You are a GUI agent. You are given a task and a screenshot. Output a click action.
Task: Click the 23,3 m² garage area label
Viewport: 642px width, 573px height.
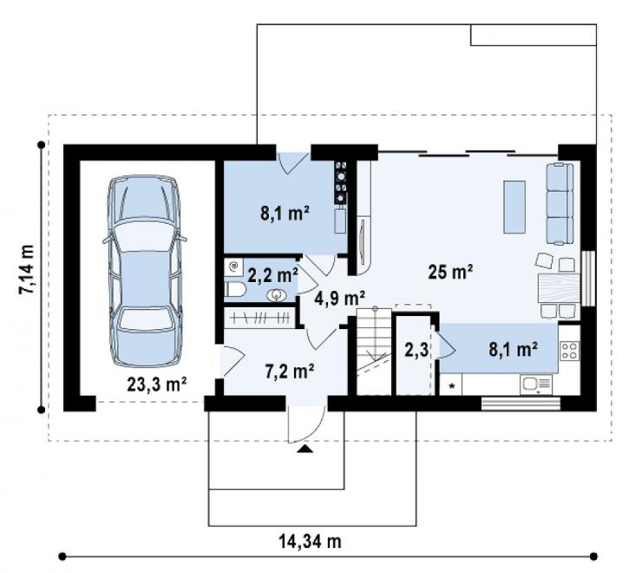coord(157,385)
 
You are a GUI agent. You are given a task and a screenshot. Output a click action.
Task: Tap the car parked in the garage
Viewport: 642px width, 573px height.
coord(144,271)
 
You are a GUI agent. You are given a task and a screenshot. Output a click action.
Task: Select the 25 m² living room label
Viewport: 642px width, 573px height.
coord(450,272)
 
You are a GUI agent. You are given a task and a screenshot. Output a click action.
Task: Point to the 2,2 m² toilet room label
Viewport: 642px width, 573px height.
coord(272,276)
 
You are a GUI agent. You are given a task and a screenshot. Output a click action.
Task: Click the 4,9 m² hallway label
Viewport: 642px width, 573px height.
coord(339,298)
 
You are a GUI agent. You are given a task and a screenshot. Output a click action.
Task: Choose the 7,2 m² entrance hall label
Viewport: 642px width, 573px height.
coord(290,372)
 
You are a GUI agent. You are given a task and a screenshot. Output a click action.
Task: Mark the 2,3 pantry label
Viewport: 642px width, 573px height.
coord(416,350)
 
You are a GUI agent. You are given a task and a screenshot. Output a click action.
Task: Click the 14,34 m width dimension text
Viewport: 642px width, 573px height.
coord(310,541)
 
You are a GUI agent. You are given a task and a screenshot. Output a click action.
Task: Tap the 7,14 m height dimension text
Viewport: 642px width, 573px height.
coord(26,269)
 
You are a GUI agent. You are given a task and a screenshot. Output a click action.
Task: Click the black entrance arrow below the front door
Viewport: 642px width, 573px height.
coord(305,449)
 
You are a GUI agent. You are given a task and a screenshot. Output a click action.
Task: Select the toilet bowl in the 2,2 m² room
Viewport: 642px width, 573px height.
coord(235,290)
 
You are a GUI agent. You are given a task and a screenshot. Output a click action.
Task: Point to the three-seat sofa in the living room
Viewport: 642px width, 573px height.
coord(560,204)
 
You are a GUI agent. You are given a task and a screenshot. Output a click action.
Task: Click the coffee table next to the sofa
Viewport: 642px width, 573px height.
coord(514,207)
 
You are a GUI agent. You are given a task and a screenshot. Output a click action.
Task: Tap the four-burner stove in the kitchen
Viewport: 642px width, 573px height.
coord(569,351)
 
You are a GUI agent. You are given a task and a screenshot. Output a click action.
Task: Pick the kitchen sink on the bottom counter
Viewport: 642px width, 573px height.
coord(536,385)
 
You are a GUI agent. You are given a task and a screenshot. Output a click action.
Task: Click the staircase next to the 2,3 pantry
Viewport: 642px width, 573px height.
coord(374,352)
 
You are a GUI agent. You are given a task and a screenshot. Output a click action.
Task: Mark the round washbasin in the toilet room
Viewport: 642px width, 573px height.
coord(277,294)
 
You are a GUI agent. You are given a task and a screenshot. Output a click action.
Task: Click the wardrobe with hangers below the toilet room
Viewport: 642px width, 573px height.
coord(259,317)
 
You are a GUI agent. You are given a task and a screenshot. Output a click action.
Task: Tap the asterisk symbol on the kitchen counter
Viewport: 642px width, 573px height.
coord(452,385)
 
